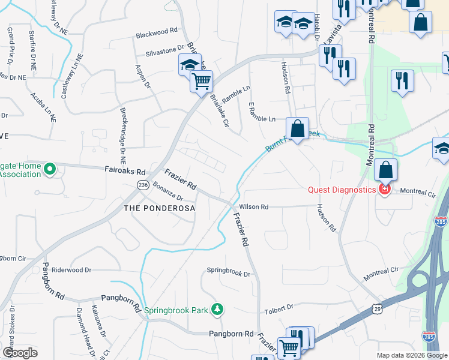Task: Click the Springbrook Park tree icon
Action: point(217,310)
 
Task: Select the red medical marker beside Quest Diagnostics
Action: point(384,190)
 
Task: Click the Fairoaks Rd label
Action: point(125,171)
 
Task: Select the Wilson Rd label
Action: point(253,206)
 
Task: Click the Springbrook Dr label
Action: point(228,272)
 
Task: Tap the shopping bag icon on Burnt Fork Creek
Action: point(297,128)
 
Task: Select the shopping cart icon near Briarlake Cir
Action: point(202,80)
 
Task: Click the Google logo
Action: point(20,353)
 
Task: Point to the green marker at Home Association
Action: point(51,170)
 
